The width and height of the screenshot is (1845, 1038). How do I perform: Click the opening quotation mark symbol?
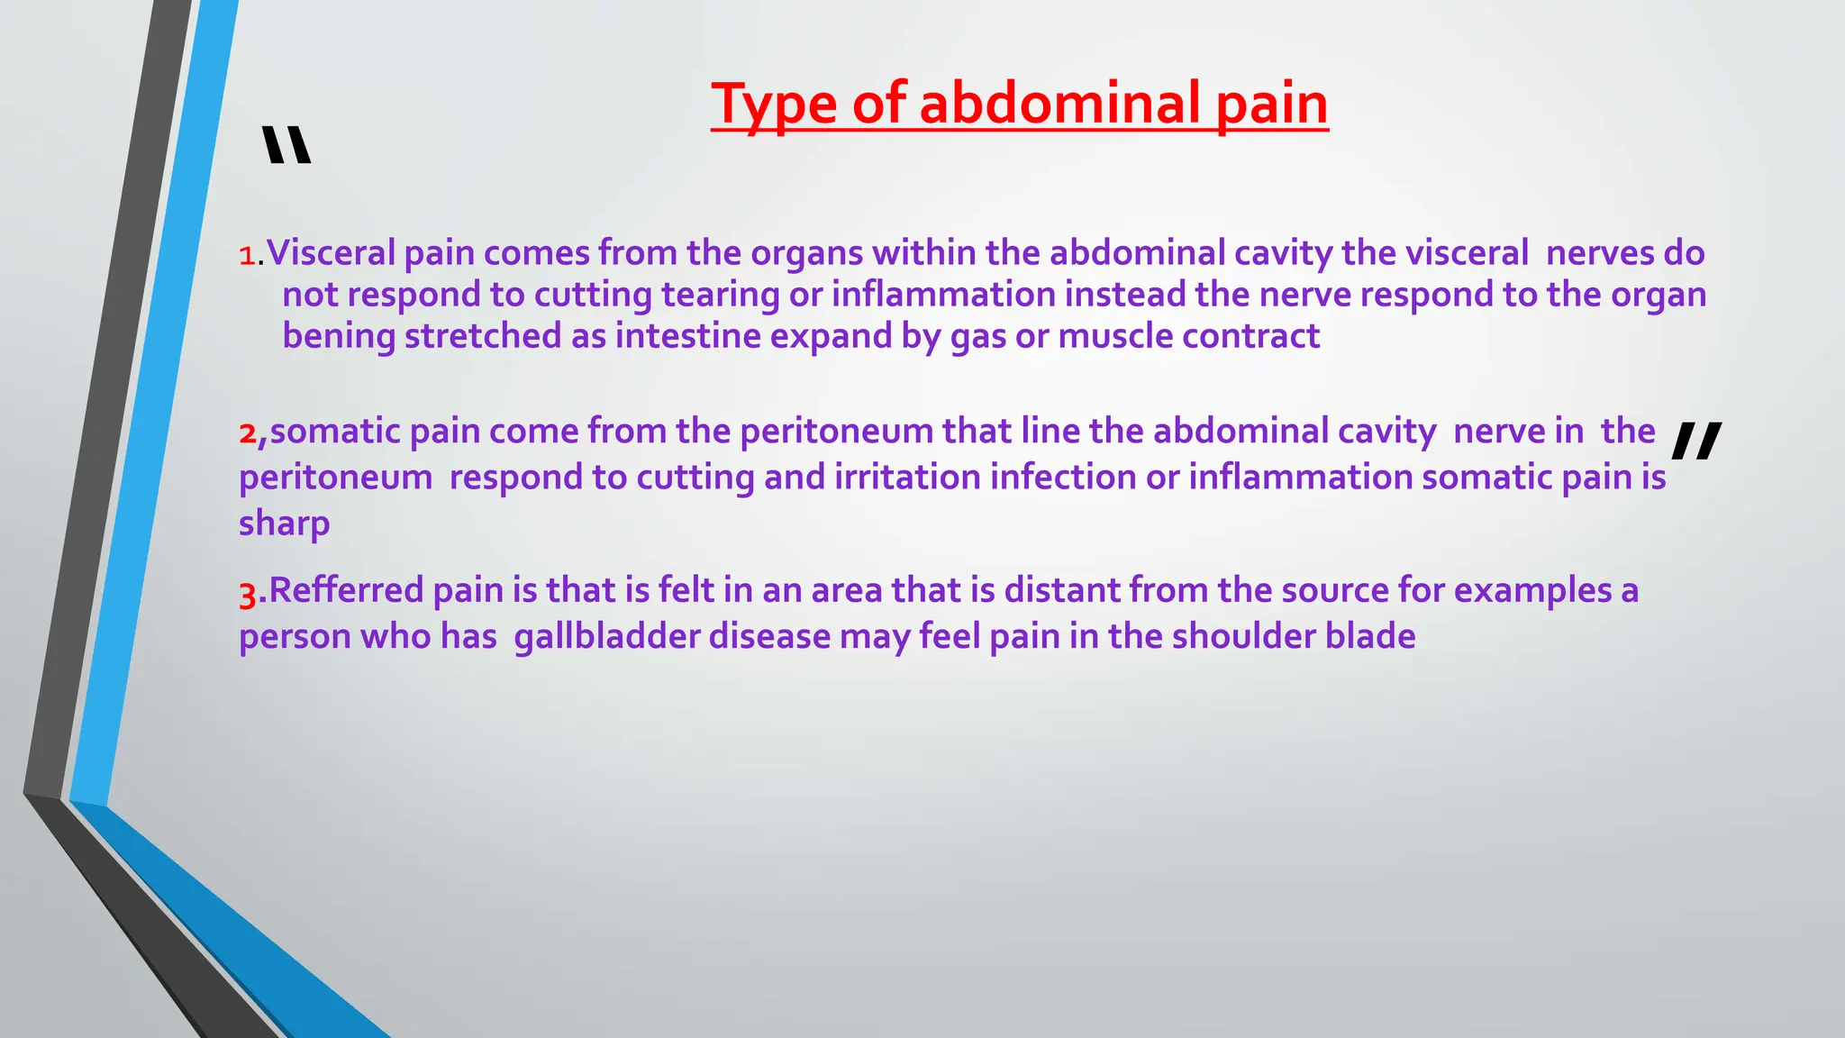[286, 146]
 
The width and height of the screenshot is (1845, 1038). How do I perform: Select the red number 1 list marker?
[247, 256]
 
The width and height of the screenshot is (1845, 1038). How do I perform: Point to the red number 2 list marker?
[248, 433]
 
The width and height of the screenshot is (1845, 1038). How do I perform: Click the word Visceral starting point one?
[331, 253]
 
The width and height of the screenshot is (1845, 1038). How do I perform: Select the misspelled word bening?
[339, 337]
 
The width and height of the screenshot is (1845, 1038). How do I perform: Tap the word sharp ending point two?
[284, 524]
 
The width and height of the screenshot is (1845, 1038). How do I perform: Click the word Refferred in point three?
[346, 591]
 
